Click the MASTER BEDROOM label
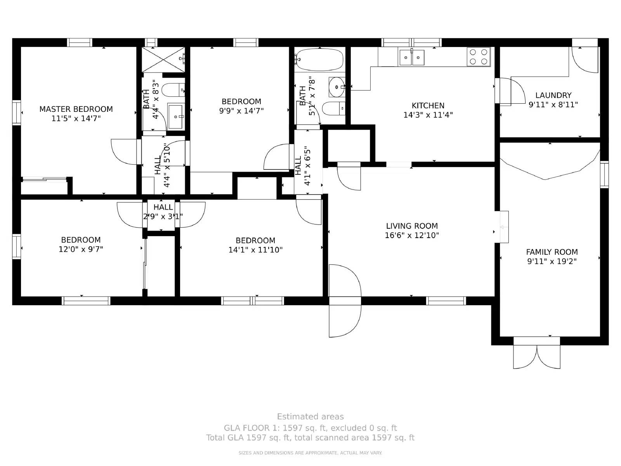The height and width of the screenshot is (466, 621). pyautogui.click(x=76, y=109)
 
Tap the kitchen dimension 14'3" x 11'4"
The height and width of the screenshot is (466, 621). pyautogui.click(x=428, y=115)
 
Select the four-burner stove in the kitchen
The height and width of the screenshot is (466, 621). pyautogui.click(x=479, y=57)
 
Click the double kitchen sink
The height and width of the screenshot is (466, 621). pyautogui.click(x=412, y=57)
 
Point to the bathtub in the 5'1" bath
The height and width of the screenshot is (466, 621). pyautogui.click(x=319, y=59)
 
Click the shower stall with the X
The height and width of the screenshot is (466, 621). pyautogui.click(x=163, y=59)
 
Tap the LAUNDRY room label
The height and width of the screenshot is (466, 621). pyautogui.click(x=553, y=95)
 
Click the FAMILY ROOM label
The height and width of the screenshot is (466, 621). pyautogui.click(x=552, y=252)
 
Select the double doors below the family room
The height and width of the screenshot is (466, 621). pyautogui.click(x=537, y=355)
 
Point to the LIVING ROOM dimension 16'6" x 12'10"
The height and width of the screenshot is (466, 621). pyautogui.click(x=412, y=235)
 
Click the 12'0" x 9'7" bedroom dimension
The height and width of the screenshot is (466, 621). pyautogui.click(x=81, y=249)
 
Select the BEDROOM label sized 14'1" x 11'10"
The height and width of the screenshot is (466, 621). pyautogui.click(x=255, y=240)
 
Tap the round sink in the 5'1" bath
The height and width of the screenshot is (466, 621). pyautogui.click(x=336, y=87)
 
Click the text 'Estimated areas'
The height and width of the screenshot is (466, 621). pyautogui.click(x=310, y=417)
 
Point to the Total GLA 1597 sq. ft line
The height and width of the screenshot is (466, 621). pyautogui.click(x=310, y=438)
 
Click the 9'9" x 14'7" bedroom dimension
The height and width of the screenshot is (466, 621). pyautogui.click(x=241, y=111)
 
